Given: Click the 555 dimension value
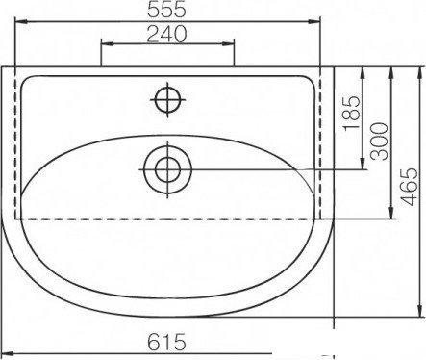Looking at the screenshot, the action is click(166, 10).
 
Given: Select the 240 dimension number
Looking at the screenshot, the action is click(166, 34).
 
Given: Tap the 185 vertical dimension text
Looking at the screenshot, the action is click(352, 113).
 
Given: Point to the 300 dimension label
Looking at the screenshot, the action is click(379, 141).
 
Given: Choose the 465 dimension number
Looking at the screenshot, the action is click(410, 187).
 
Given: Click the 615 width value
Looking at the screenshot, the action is click(166, 342).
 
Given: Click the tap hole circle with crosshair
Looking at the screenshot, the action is click(167, 100).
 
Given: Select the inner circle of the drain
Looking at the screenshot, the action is click(167, 169).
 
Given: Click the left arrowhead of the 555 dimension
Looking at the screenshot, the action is click(19, 21).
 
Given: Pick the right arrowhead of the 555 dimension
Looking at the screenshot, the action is click(315, 21).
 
